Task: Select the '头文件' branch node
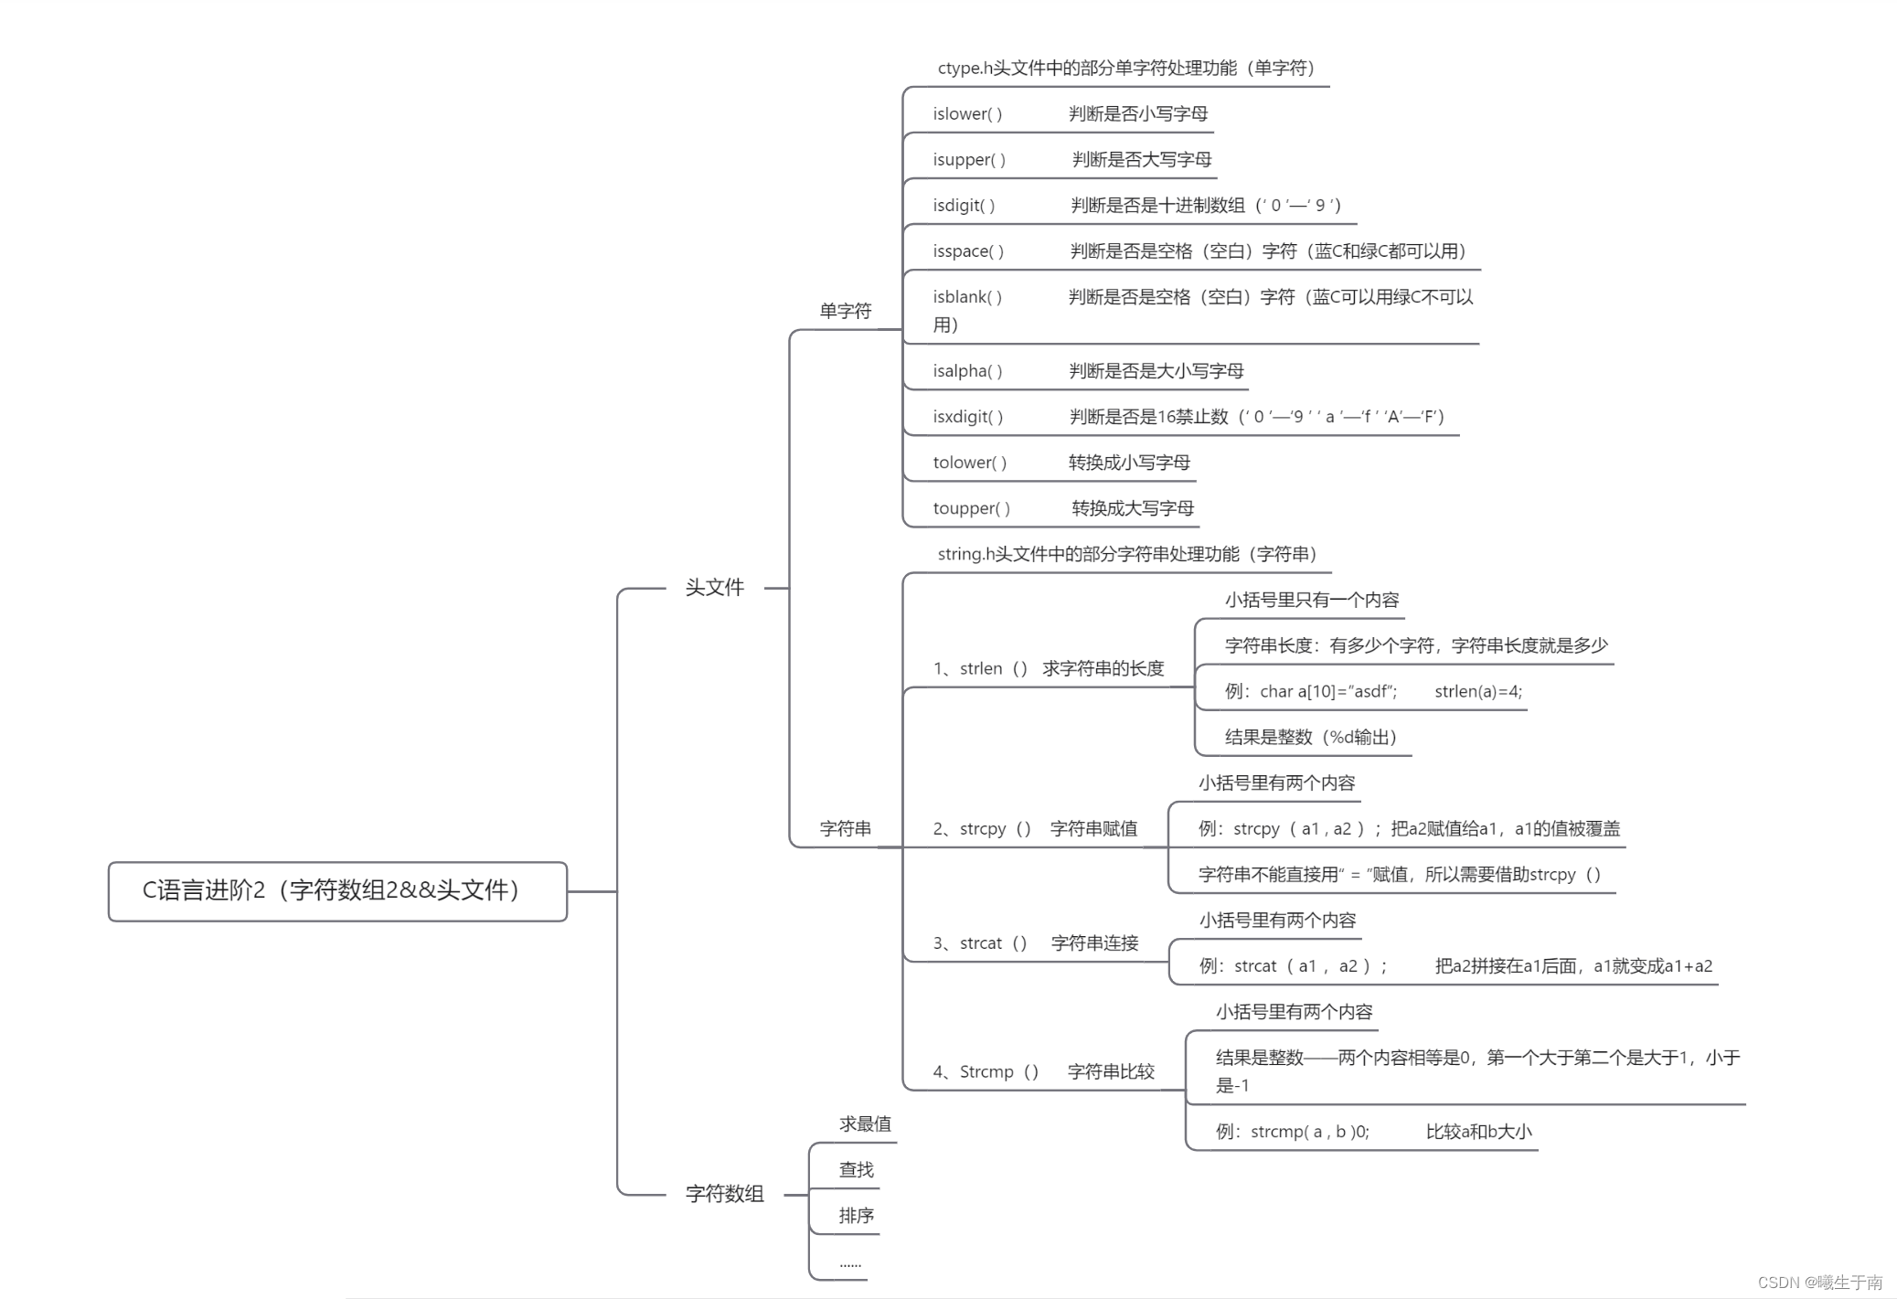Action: (714, 588)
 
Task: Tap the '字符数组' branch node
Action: (724, 1194)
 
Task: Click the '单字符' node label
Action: (845, 312)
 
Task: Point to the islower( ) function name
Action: (967, 114)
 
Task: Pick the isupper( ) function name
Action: (969, 160)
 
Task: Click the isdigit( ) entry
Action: (964, 206)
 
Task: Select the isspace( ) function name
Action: (968, 251)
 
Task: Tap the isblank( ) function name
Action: (967, 297)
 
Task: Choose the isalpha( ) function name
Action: (967, 371)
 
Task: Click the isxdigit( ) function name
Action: (968, 417)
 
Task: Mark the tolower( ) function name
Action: (970, 463)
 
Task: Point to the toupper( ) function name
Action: (972, 508)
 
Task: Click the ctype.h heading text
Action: (1125, 69)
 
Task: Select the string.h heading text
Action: (1126, 555)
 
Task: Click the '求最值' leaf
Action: (865, 1124)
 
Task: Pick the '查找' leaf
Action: (857, 1170)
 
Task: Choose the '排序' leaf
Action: (857, 1216)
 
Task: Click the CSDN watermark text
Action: (1819, 1283)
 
